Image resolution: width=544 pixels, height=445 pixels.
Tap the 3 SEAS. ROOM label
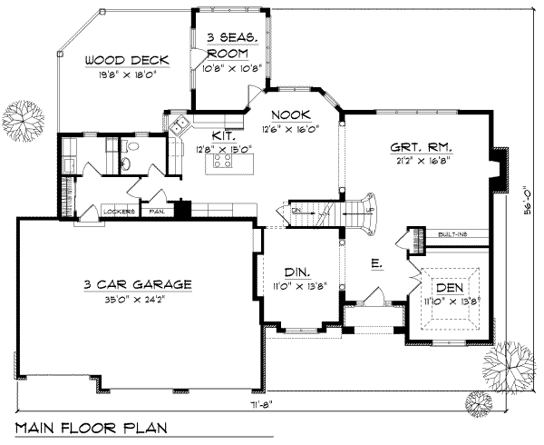(x=233, y=44)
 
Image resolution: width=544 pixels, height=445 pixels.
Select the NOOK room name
(x=292, y=115)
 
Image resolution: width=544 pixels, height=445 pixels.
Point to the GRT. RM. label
(x=422, y=146)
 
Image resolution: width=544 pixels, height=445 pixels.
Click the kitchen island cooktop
(x=224, y=163)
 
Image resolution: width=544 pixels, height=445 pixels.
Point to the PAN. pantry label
(x=157, y=212)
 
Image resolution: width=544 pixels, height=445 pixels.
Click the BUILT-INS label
(x=453, y=234)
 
